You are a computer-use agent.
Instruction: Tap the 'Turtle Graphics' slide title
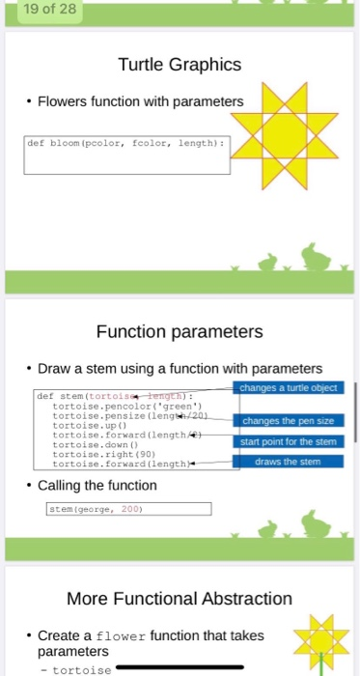[179, 66]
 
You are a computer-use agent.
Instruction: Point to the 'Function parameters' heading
[179, 332]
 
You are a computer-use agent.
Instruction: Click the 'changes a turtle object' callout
[289, 387]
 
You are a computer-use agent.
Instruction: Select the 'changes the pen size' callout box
[289, 422]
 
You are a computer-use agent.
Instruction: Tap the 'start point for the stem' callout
[289, 441]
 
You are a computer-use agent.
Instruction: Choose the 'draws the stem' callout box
[289, 461]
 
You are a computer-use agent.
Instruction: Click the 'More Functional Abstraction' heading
[179, 600]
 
